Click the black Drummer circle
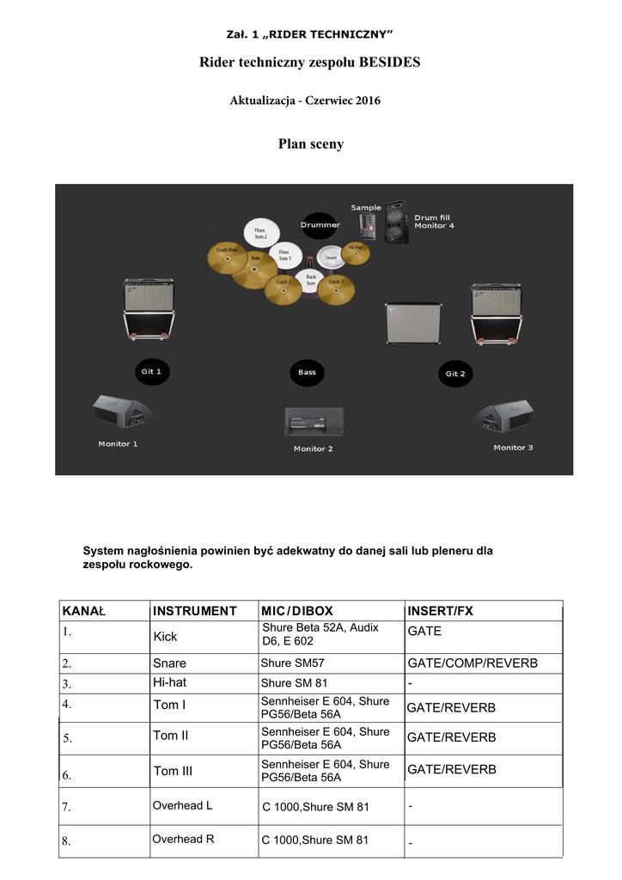click(x=320, y=225)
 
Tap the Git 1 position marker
click(x=152, y=371)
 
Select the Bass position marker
click(x=307, y=372)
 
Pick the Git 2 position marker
click(x=454, y=373)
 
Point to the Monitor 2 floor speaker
click(x=314, y=423)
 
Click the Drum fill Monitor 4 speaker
click(x=396, y=223)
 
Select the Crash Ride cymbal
click(x=227, y=255)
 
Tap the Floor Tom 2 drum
click(x=259, y=232)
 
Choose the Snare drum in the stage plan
click(x=331, y=256)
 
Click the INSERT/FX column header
click(x=440, y=611)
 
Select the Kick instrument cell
click(x=165, y=637)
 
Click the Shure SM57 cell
click(x=292, y=663)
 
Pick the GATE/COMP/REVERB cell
click(x=472, y=663)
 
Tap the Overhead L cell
click(x=182, y=805)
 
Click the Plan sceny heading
click(x=310, y=144)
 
